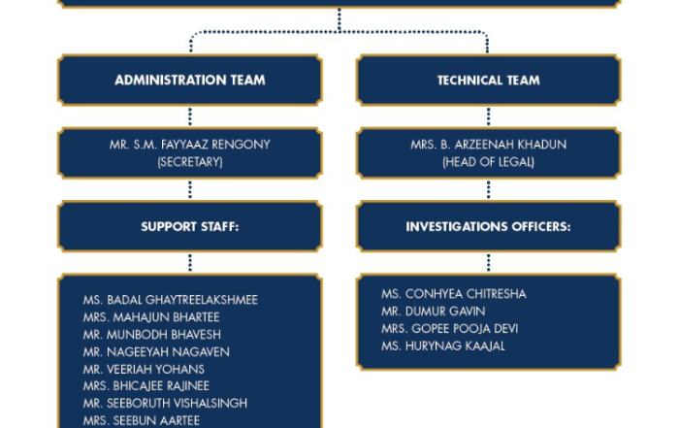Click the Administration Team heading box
(x=190, y=81)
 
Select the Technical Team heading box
(x=489, y=81)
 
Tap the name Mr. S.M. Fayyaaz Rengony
(x=190, y=145)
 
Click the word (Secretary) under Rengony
(x=190, y=162)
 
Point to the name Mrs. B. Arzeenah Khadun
(x=489, y=145)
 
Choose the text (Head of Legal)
(x=489, y=162)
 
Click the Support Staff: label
(x=190, y=226)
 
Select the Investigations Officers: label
(x=489, y=226)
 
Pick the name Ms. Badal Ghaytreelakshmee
(x=170, y=300)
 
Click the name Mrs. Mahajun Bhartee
(x=151, y=317)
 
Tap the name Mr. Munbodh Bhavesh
(x=152, y=335)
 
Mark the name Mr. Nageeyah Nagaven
(x=156, y=351)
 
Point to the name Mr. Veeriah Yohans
(x=144, y=369)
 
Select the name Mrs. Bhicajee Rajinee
(x=146, y=385)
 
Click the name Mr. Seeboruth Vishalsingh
(x=165, y=403)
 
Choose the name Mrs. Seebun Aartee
(x=142, y=420)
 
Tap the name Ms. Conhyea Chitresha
(x=454, y=294)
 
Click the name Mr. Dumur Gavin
(x=433, y=311)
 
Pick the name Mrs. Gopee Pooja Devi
(x=449, y=328)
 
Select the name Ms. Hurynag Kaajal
(x=443, y=346)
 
